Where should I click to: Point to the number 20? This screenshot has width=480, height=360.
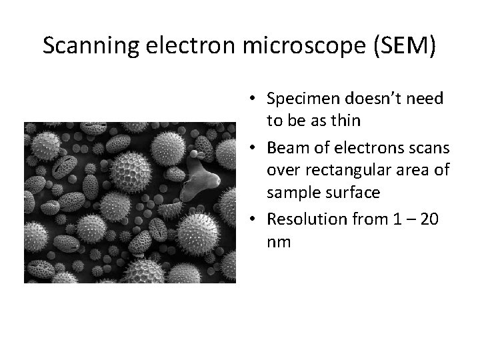click(431, 219)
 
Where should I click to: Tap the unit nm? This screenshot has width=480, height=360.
click(279, 241)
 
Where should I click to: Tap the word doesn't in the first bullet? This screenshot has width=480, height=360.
click(372, 99)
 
